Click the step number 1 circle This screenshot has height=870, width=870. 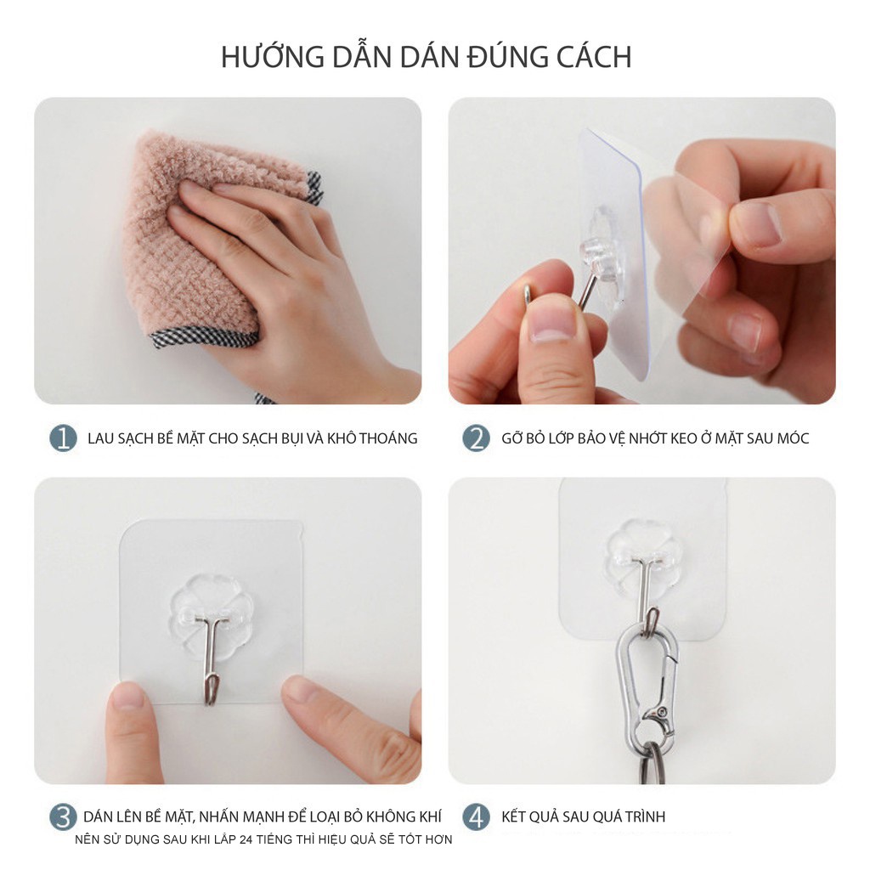pos(63,438)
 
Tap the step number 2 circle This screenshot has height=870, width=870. pos(477,438)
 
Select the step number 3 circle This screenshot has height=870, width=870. pos(63,817)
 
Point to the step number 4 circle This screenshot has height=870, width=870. pos(477,817)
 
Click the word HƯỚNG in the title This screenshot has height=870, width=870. pos(273,57)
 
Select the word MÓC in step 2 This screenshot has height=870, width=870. pos(793,438)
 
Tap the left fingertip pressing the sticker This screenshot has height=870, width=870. pos(127,697)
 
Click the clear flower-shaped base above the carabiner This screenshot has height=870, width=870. pos(644,561)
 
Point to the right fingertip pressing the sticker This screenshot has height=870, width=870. pos(302,691)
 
